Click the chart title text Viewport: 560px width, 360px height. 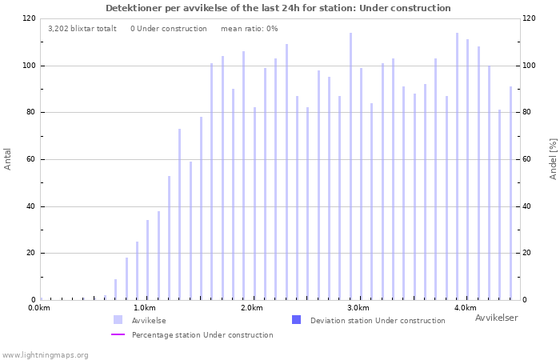278,8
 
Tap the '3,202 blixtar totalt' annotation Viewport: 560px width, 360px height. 82,29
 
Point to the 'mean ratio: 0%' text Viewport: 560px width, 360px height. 250,29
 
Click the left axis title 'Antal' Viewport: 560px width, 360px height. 7,159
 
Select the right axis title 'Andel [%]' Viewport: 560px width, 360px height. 553,159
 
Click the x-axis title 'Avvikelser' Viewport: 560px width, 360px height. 497,318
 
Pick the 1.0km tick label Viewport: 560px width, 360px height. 145,308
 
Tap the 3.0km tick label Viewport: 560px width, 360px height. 358,308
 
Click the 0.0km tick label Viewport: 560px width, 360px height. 39,308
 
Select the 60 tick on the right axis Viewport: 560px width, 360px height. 526,159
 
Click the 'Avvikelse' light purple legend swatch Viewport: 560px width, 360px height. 118,320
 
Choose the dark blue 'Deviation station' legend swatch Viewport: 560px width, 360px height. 297,320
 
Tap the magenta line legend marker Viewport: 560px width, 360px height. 118,334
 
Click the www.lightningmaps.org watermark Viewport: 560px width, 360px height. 45,355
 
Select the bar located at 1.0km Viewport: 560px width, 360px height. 147,260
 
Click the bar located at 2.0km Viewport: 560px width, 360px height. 254,203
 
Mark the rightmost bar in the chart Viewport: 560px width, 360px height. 510,194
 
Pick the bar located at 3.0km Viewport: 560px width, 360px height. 361,184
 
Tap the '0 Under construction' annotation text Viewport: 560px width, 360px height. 169,29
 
